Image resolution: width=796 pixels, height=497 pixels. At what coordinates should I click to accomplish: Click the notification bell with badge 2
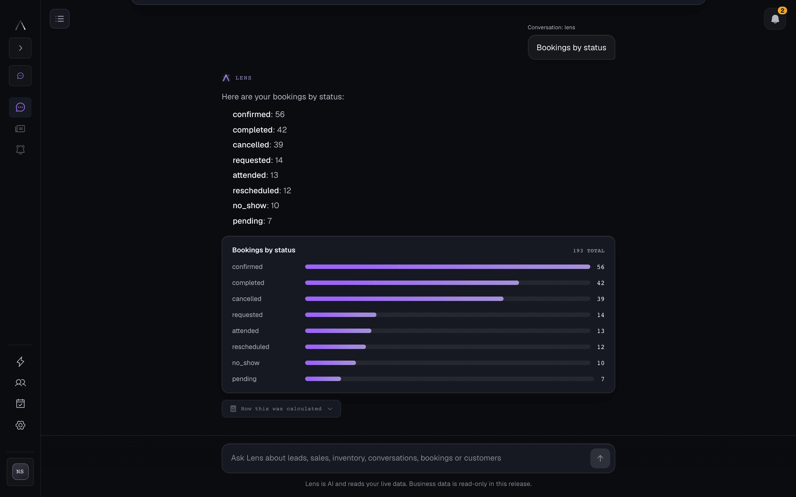click(x=775, y=19)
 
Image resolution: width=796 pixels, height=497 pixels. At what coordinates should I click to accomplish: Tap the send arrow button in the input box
click(x=600, y=458)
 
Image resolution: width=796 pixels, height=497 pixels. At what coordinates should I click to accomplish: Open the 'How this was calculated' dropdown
click(x=281, y=409)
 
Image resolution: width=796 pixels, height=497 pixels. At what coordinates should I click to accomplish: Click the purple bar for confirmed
click(x=448, y=266)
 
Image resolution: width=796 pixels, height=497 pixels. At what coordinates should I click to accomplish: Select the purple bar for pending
click(x=323, y=379)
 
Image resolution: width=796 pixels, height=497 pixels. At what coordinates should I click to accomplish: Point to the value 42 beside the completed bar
click(x=601, y=283)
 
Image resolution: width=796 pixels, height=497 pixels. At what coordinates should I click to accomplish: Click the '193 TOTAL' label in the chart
click(x=588, y=251)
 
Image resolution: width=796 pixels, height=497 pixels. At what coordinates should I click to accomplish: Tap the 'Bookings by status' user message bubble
click(x=571, y=47)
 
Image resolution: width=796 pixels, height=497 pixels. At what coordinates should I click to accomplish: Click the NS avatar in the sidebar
click(x=20, y=472)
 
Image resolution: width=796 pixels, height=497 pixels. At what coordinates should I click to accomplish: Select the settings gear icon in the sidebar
click(x=20, y=425)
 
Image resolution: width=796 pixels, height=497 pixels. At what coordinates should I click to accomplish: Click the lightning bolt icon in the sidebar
click(x=20, y=362)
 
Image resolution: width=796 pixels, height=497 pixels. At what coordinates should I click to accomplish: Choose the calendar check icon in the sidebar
click(x=20, y=403)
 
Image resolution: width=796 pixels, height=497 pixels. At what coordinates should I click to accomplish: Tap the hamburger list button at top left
click(x=59, y=19)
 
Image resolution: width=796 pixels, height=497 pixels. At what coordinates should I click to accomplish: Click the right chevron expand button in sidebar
click(x=20, y=48)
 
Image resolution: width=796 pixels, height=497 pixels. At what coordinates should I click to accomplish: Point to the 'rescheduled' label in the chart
click(x=251, y=347)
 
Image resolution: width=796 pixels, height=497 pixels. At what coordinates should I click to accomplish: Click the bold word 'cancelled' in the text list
click(x=251, y=145)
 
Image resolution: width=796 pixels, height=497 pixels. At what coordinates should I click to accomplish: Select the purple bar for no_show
click(x=331, y=363)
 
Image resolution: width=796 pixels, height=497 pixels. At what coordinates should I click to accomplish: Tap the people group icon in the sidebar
click(x=20, y=383)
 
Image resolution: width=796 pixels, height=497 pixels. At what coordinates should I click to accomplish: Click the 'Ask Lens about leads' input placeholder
click(x=366, y=458)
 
